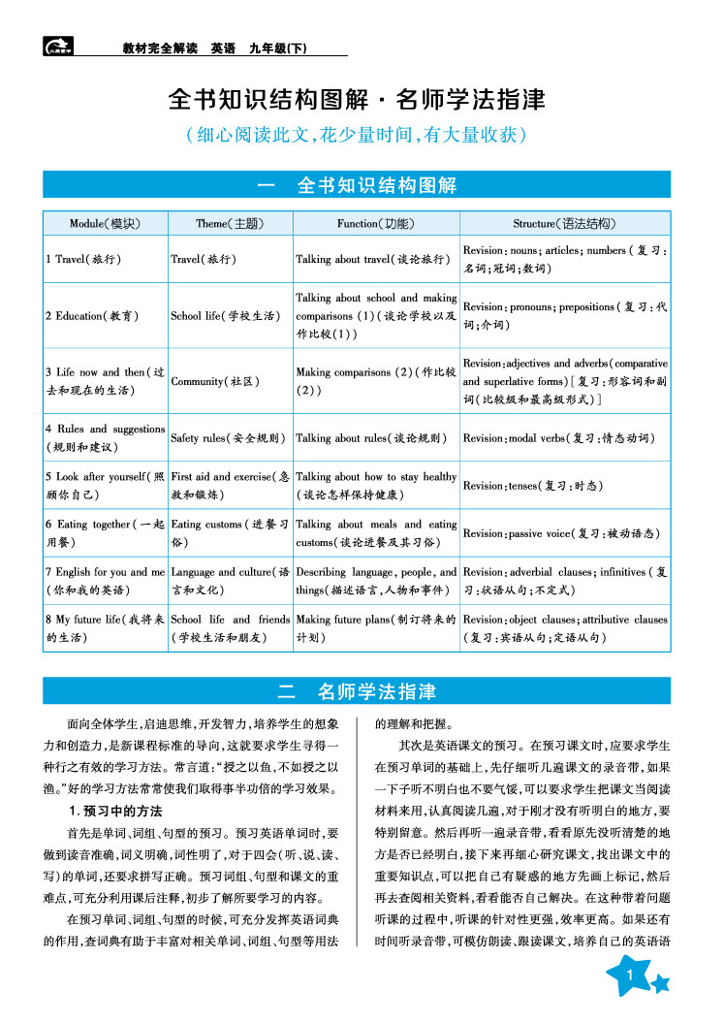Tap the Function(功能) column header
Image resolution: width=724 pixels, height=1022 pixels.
coord(375,223)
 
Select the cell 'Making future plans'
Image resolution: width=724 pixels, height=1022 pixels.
coord(376,628)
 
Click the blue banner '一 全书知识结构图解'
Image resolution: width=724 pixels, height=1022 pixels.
coord(357,185)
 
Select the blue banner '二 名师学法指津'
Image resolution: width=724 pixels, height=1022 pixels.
coord(357,691)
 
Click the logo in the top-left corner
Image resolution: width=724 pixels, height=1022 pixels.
coord(60,45)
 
